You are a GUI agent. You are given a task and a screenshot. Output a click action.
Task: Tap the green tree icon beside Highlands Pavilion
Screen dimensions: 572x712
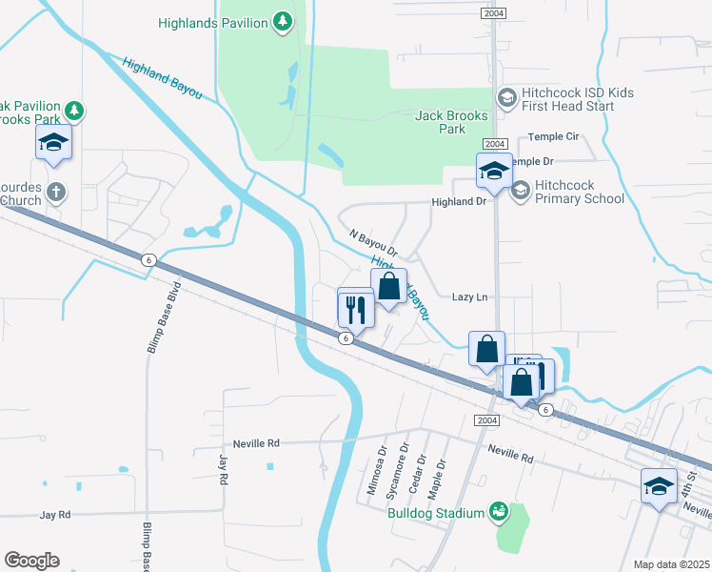click(x=282, y=20)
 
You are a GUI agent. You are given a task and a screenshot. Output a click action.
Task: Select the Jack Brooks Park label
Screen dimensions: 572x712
click(x=452, y=122)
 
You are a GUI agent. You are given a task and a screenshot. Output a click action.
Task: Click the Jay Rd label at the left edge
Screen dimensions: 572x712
click(x=55, y=515)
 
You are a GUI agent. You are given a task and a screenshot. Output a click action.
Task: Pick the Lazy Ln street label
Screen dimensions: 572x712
click(x=469, y=297)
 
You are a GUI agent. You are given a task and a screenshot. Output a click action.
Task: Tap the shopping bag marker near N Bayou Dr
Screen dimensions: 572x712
click(x=388, y=285)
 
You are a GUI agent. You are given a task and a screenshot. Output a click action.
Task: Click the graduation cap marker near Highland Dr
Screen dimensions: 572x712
click(x=494, y=171)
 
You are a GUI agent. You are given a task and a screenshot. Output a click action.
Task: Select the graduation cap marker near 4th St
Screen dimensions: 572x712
click(x=660, y=487)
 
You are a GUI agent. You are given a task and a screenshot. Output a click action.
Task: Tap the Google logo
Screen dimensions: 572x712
click(x=31, y=561)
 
